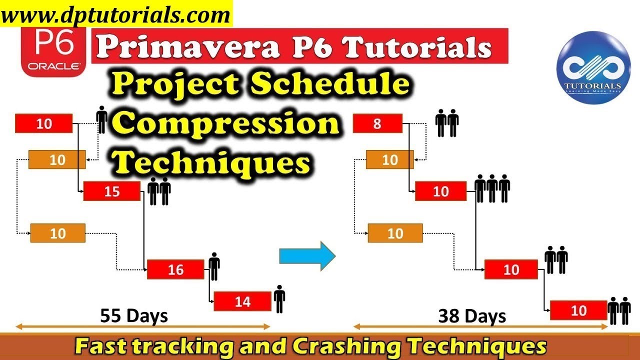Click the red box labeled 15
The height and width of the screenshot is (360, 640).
(111, 191)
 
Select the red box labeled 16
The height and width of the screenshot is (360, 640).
(175, 270)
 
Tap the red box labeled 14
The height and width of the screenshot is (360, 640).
(242, 301)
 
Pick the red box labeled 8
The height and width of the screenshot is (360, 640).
(377, 123)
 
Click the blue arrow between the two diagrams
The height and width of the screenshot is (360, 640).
(306, 256)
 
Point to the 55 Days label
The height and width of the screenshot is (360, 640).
(134, 316)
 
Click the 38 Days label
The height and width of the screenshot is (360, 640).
(472, 316)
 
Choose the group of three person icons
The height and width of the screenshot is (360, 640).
(492, 188)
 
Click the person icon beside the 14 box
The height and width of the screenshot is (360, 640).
(279, 298)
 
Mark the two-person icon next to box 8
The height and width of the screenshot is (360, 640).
(447, 123)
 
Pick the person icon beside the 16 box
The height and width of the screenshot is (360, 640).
(214, 266)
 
